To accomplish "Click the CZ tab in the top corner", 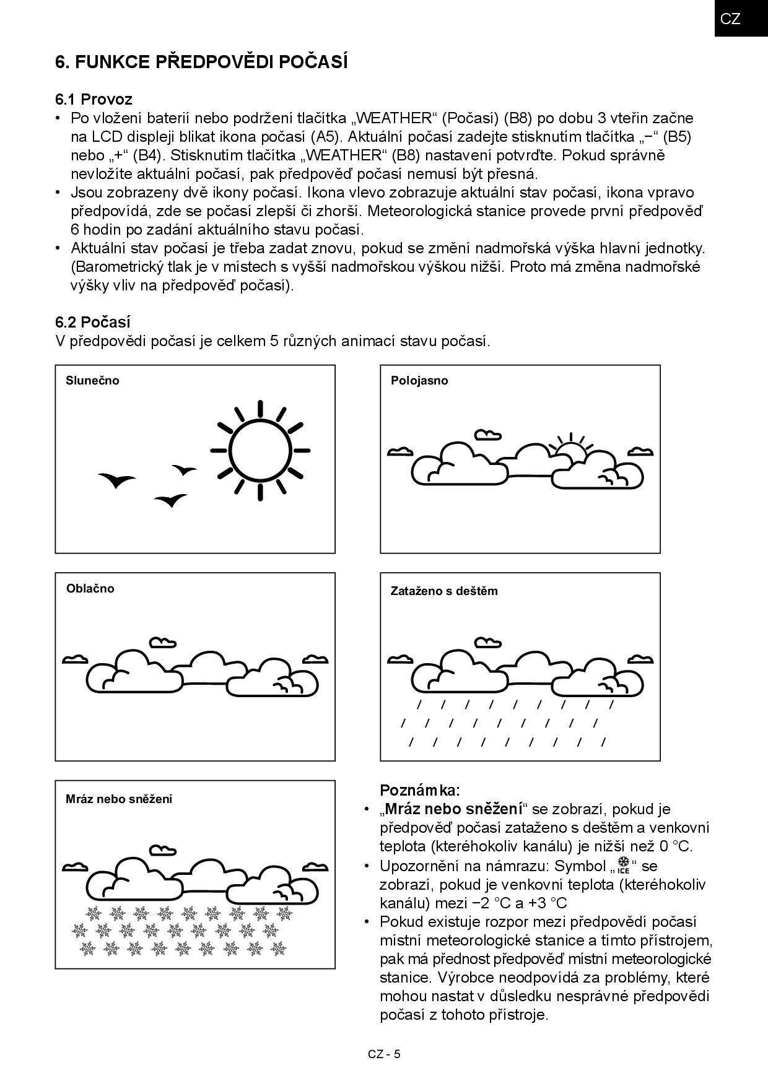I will pyautogui.click(x=731, y=19).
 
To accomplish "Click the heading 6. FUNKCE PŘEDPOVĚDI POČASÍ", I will pyautogui.click(x=201, y=62).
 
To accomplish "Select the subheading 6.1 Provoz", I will pyautogui.click(x=94, y=99).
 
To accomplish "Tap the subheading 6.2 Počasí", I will pyautogui.click(x=93, y=322).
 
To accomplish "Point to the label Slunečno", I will pyautogui.click(x=92, y=381).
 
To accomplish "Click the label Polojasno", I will pyautogui.click(x=419, y=381).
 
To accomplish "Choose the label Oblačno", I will pyautogui.click(x=90, y=588).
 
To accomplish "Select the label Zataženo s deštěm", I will pyautogui.click(x=444, y=591).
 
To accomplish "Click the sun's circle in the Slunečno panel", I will pyautogui.click(x=260, y=450).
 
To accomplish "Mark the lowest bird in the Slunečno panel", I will pyautogui.click(x=170, y=500).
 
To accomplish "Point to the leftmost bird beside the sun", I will pyautogui.click(x=116, y=479).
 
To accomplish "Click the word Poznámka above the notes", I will pyautogui.click(x=420, y=790).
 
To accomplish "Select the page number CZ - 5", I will pyautogui.click(x=384, y=1054).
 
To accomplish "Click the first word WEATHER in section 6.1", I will pyautogui.click(x=395, y=118).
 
